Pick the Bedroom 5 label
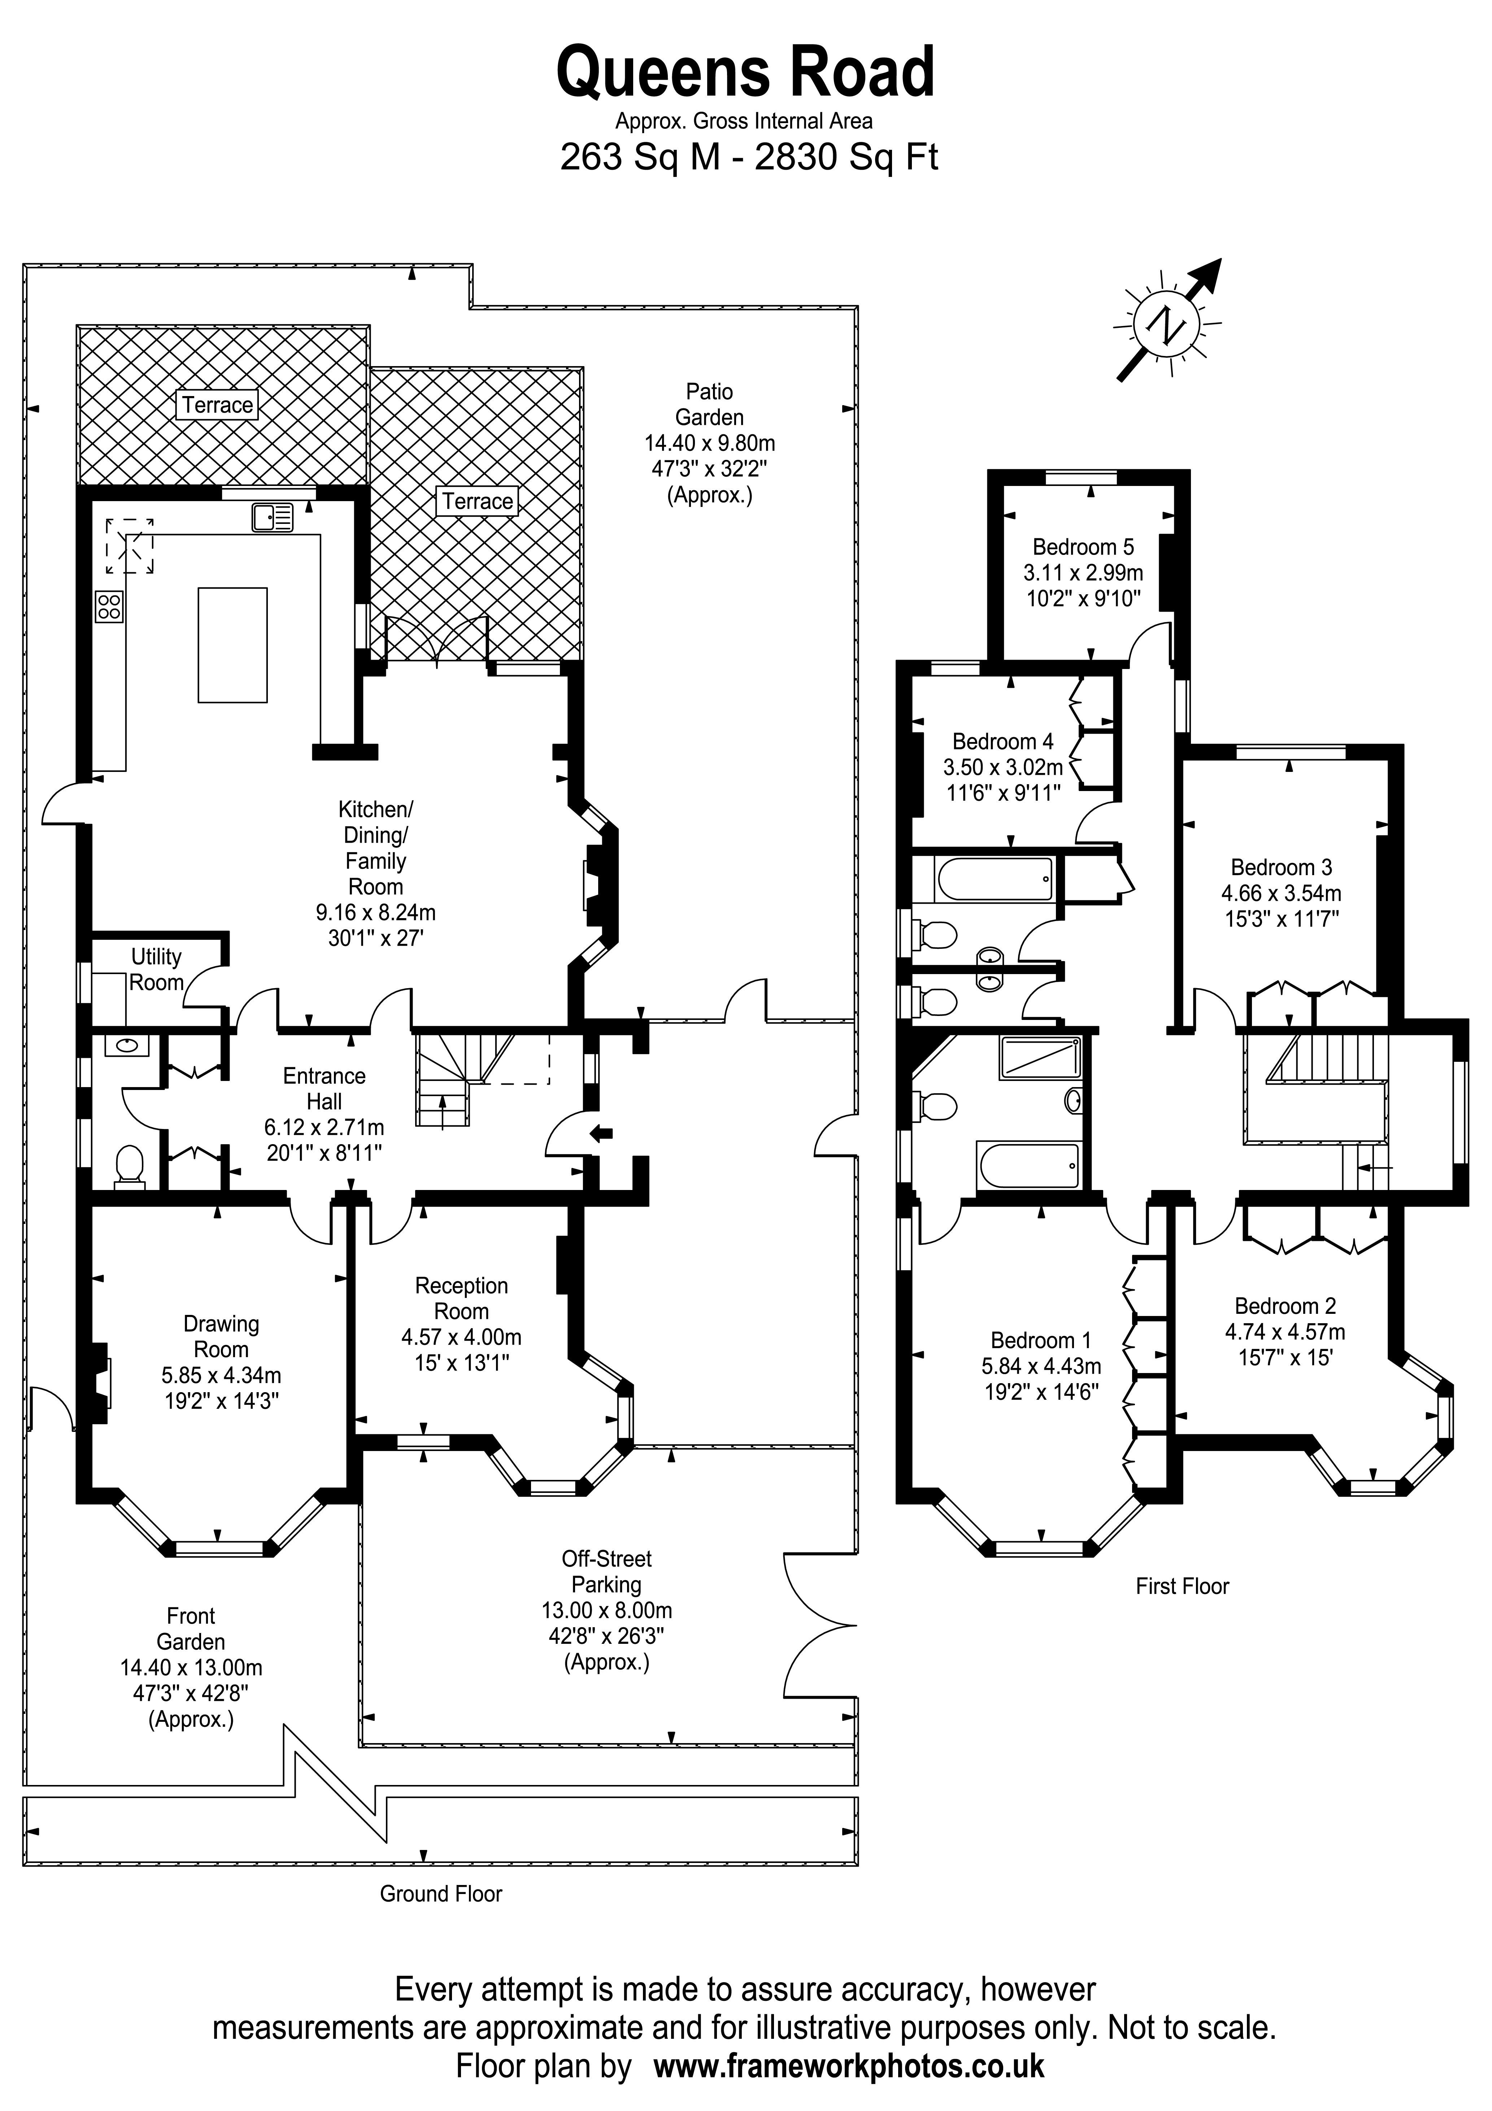[1083, 547]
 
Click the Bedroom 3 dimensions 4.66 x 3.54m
[1280, 893]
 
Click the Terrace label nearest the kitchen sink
[217, 405]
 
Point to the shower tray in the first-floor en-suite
[1040, 1058]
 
